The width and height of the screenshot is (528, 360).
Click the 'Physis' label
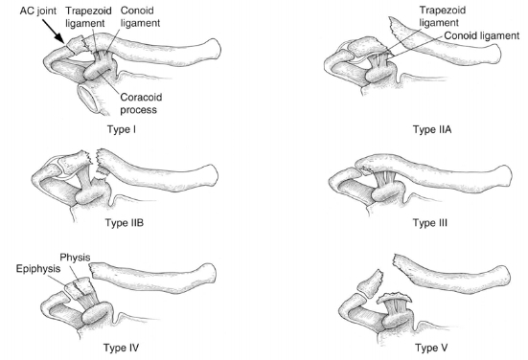click(x=75, y=257)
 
